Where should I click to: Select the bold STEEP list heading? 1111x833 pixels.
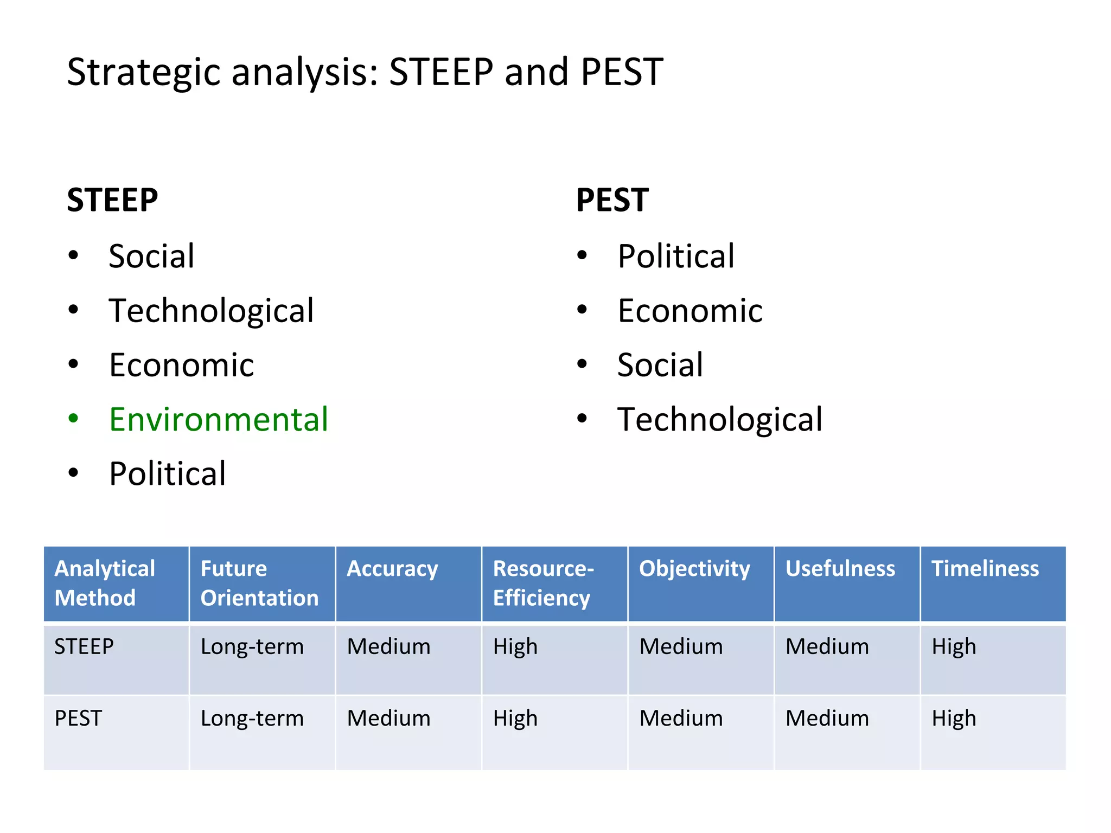(x=112, y=200)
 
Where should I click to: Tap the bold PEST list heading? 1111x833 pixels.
(x=612, y=200)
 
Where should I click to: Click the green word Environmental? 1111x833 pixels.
(x=219, y=419)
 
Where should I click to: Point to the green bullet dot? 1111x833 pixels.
(x=73, y=419)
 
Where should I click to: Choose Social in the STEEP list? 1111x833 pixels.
(x=151, y=256)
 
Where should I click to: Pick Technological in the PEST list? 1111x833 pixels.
(x=720, y=419)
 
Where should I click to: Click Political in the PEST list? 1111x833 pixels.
(x=676, y=256)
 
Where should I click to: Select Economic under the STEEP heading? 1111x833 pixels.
(x=181, y=365)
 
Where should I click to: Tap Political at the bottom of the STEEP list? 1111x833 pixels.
(x=167, y=473)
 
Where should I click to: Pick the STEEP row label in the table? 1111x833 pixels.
(x=84, y=646)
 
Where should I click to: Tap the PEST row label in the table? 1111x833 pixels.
(x=78, y=718)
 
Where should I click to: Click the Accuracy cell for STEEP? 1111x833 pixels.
(x=388, y=646)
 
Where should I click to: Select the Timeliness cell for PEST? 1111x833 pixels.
(x=954, y=718)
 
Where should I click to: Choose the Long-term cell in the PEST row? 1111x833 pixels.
(x=252, y=718)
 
